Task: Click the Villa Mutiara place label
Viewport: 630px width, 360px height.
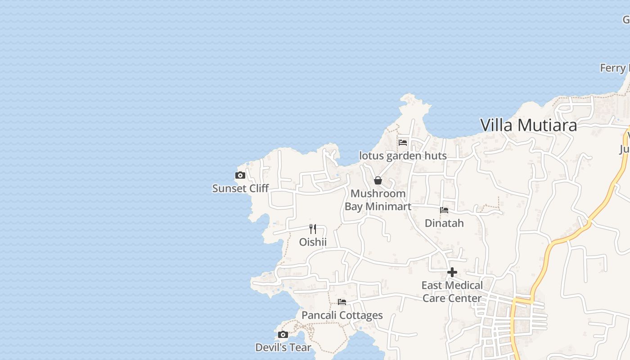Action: point(528,125)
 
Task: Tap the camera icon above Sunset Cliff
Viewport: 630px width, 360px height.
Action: point(240,175)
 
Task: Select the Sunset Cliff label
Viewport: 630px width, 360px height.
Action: point(240,189)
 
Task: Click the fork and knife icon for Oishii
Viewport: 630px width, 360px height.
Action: point(313,229)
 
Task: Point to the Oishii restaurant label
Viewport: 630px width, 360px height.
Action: point(313,242)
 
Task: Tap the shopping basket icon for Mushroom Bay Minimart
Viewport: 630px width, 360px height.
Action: point(378,180)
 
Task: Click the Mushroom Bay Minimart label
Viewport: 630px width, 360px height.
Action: point(378,200)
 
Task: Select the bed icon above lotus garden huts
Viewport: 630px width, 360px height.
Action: point(403,143)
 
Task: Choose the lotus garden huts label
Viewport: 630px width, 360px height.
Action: point(403,156)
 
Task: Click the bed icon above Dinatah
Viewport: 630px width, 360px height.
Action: point(444,210)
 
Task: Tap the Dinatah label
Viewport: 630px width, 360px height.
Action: point(444,223)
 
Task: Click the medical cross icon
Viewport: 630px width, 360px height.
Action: point(452,272)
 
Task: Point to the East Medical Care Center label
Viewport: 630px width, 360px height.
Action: point(452,292)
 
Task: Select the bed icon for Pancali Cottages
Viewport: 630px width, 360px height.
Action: point(342,302)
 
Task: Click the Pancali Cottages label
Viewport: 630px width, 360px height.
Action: point(342,315)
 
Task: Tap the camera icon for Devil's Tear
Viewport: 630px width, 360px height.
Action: point(283,334)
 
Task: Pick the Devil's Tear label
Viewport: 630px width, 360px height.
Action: point(283,347)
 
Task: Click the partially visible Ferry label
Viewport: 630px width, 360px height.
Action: point(615,68)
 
